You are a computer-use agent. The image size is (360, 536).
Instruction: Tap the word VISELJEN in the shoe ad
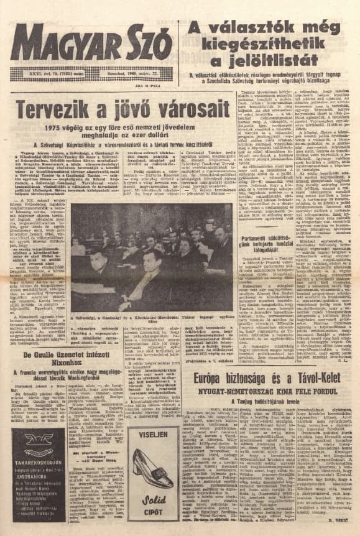pos(153,435)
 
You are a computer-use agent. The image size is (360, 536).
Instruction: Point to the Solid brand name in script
pos(153,501)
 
